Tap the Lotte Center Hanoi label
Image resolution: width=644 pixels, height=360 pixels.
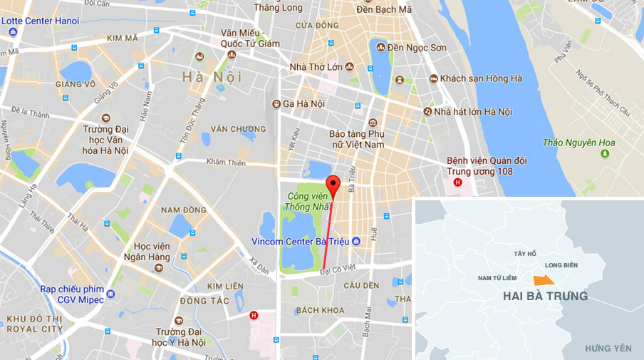click(x=40, y=21)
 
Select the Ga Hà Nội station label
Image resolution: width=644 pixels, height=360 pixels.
click(x=304, y=103)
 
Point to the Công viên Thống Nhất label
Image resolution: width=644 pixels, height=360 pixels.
click(x=308, y=202)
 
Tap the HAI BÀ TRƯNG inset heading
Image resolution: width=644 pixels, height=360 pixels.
click(x=545, y=296)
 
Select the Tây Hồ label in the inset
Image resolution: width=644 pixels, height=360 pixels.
click(x=524, y=254)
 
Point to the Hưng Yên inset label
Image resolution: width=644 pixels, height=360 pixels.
click(x=608, y=348)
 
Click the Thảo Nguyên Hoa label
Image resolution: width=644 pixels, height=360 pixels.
click(x=578, y=143)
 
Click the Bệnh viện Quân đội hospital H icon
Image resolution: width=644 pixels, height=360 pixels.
click(x=457, y=182)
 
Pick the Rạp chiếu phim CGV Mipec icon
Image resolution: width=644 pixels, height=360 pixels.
click(x=110, y=293)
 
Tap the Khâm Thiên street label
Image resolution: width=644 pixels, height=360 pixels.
click(x=226, y=162)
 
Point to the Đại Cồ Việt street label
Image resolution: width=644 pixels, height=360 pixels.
click(x=338, y=270)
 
